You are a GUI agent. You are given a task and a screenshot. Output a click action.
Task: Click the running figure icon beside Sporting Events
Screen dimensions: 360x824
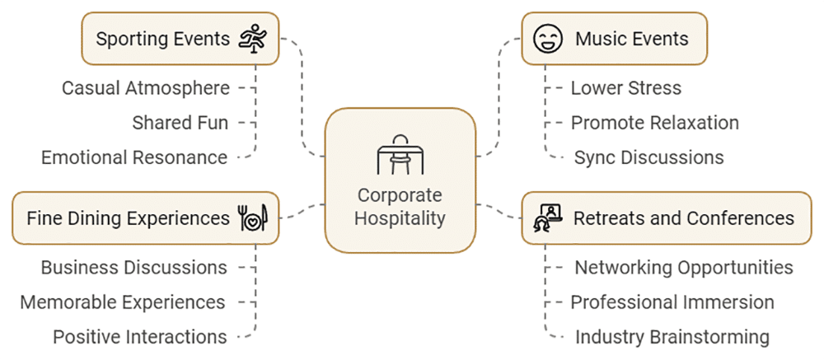[x=254, y=39]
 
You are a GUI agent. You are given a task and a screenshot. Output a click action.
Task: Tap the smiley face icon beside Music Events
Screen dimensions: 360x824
[x=547, y=39]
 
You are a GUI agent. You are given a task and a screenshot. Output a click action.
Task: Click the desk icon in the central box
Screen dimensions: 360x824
[x=400, y=155]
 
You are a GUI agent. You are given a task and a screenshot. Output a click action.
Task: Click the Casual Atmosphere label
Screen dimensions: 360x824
[x=146, y=87]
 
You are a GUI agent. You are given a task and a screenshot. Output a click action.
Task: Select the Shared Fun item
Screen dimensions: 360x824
[x=180, y=123]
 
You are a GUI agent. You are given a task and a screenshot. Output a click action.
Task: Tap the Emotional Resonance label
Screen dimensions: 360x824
[x=134, y=157]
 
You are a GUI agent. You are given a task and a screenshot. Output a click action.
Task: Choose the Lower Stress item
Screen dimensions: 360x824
[x=626, y=87]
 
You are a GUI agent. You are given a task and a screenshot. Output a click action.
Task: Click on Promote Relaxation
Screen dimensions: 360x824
[x=655, y=123]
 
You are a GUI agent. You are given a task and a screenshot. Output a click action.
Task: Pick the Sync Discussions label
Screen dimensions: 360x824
[x=649, y=157]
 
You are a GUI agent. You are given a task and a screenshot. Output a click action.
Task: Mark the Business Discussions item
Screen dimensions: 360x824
[x=134, y=268]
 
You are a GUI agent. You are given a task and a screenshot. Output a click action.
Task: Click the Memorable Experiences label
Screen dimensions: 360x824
[x=123, y=302]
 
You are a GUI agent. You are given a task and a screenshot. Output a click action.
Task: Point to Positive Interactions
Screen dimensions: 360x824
[x=140, y=337]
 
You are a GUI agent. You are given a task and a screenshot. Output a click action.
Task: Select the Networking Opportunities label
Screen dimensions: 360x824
[x=684, y=268]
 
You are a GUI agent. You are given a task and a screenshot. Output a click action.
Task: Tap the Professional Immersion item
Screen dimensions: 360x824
[x=672, y=302]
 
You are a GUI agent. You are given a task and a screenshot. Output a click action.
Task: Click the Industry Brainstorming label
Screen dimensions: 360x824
[x=672, y=337]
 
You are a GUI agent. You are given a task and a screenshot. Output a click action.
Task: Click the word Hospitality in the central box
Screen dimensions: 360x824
[x=400, y=219]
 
